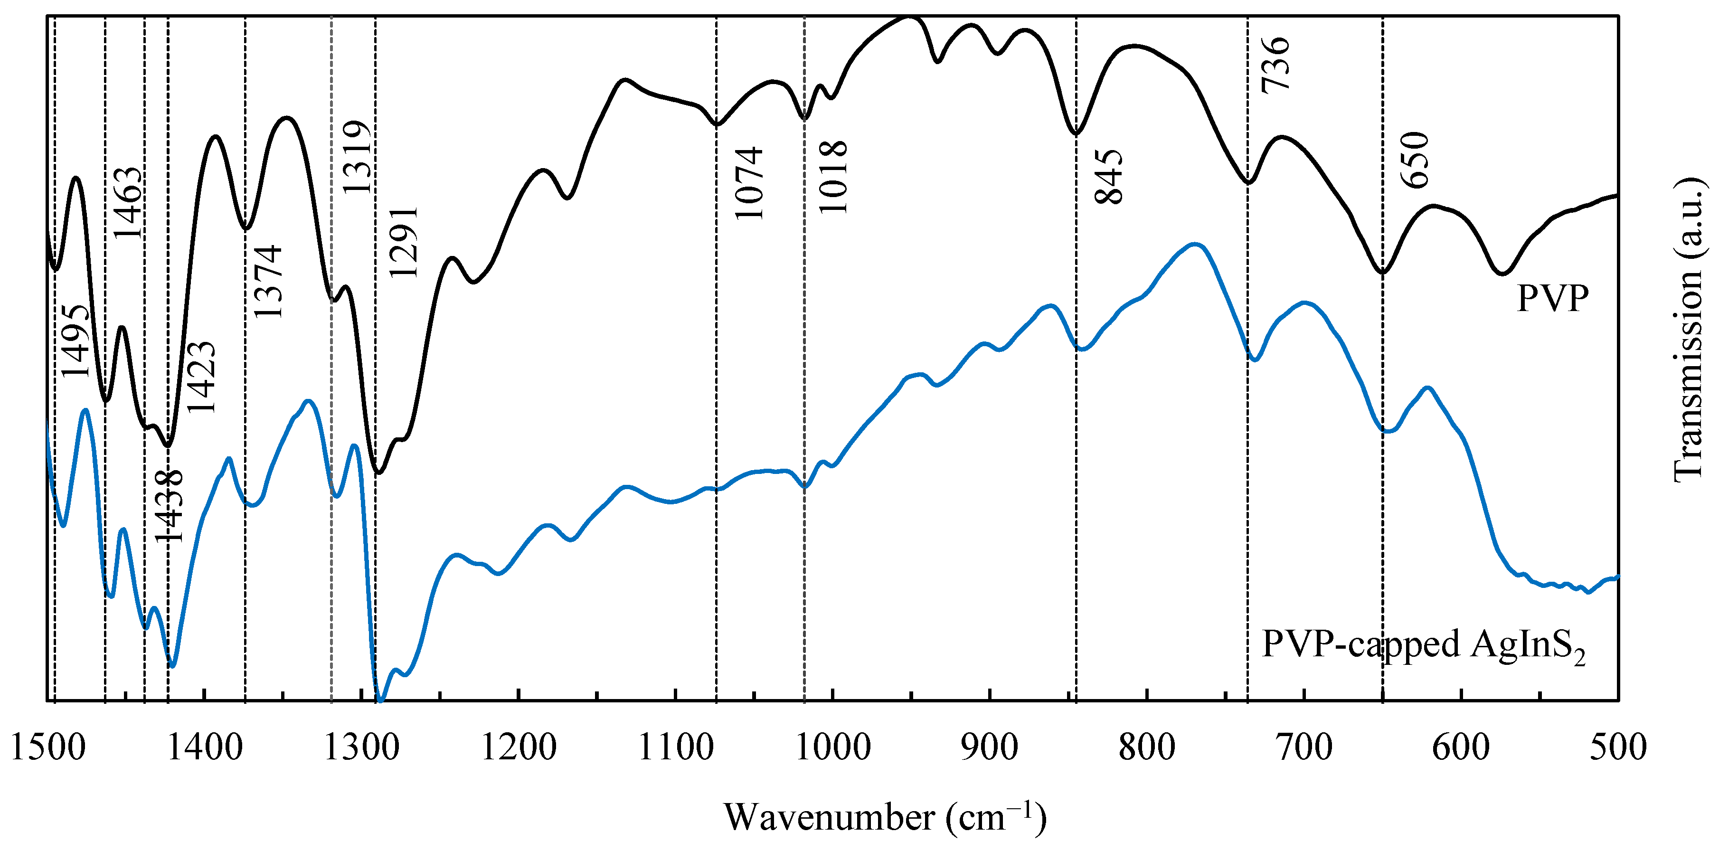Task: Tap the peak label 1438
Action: click(168, 506)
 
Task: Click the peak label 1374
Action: click(268, 281)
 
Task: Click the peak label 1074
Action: click(747, 183)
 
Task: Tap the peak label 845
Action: click(1108, 177)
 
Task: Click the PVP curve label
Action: click(1552, 298)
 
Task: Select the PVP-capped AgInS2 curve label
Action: click(1423, 645)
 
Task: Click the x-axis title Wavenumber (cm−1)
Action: click(885, 816)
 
